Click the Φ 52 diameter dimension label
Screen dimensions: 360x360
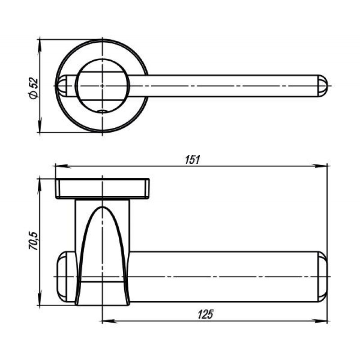point(33,89)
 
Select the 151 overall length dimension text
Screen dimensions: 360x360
point(193,160)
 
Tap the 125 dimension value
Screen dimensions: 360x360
point(206,314)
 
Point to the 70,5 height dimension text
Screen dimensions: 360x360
point(33,241)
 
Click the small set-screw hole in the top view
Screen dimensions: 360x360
point(102,111)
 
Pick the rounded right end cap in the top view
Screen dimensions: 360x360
point(322,85)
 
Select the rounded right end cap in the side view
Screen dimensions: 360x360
point(323,277)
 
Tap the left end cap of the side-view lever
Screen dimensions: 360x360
point(66,277)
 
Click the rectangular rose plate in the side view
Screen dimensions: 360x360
point(103,189)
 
